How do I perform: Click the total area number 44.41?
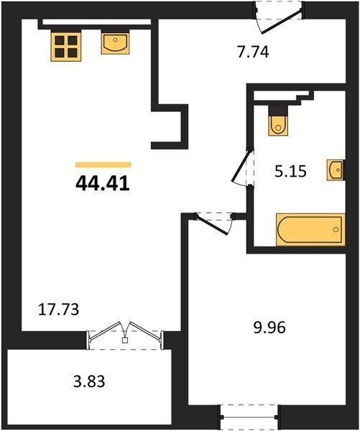(x=103, y=183)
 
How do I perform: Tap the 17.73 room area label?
(x=58, y=310)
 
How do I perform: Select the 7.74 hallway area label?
(x=253, y=52)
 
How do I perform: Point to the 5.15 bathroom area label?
(x=290, y=171)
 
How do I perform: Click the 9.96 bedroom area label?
(x=269, y=328)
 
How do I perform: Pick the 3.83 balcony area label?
(x=89, y=381)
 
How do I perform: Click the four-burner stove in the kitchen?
(x=66, y=45)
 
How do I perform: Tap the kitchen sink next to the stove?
(x=115, y=43)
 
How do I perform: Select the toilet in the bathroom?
(x=278, y=121)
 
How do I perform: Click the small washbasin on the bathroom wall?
(x=336, y=170)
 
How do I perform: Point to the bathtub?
(x=310, y=229)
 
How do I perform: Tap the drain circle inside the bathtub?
(x=336, y=230)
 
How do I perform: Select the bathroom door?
(x=243, y=167)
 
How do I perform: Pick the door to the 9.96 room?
(x=215, y=222)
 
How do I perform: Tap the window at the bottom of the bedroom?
(x=249, y=417)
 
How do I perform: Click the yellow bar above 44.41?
(x=103, y=164)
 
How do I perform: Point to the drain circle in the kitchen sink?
(x=115, y=40)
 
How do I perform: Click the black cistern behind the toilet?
(x=278, y=111)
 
